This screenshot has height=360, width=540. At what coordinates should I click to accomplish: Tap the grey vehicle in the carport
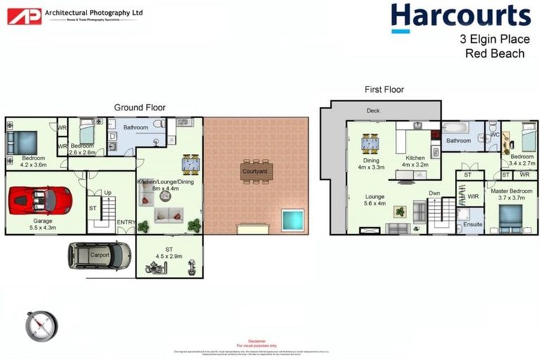click(99, 255)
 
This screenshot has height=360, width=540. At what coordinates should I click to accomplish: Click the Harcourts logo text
click(461, 15)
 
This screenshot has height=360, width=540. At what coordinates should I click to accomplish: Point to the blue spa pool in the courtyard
click(292, 220)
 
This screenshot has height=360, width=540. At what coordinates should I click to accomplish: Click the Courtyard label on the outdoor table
click(255, 171)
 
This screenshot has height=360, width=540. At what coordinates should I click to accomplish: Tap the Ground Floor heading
click(140, 108)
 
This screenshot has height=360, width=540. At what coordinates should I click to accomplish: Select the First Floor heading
click(384, 89)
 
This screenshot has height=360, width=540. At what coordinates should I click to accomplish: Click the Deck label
click(373, 111)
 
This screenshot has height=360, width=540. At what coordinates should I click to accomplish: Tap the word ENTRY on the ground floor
click(126, 223)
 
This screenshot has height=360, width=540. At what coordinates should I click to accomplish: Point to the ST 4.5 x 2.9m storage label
click(169, 251)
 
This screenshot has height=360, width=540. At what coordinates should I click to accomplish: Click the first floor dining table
click(371, 143)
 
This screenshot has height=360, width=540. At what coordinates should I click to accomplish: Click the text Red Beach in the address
click(495, 53)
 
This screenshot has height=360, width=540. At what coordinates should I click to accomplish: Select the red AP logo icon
click(24, 15)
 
